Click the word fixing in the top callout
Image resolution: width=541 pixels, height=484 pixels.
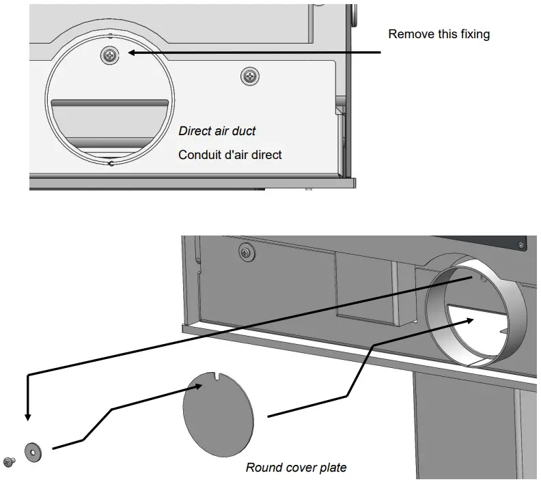tap(474, 34)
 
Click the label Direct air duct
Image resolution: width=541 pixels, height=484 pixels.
tap(217, 130)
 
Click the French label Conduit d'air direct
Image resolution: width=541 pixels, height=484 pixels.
tap(230, 155)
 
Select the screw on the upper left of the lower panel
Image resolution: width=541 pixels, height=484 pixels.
tap(244, 253)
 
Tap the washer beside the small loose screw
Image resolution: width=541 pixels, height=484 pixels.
tap(31, 451)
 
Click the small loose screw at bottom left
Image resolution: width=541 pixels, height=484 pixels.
tap(9, 462)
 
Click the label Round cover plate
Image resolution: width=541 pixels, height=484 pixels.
tap(296, 468)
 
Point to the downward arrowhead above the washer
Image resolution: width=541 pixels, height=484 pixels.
tap(27, 417)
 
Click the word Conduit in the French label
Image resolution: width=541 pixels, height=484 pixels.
tap(199, 155)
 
